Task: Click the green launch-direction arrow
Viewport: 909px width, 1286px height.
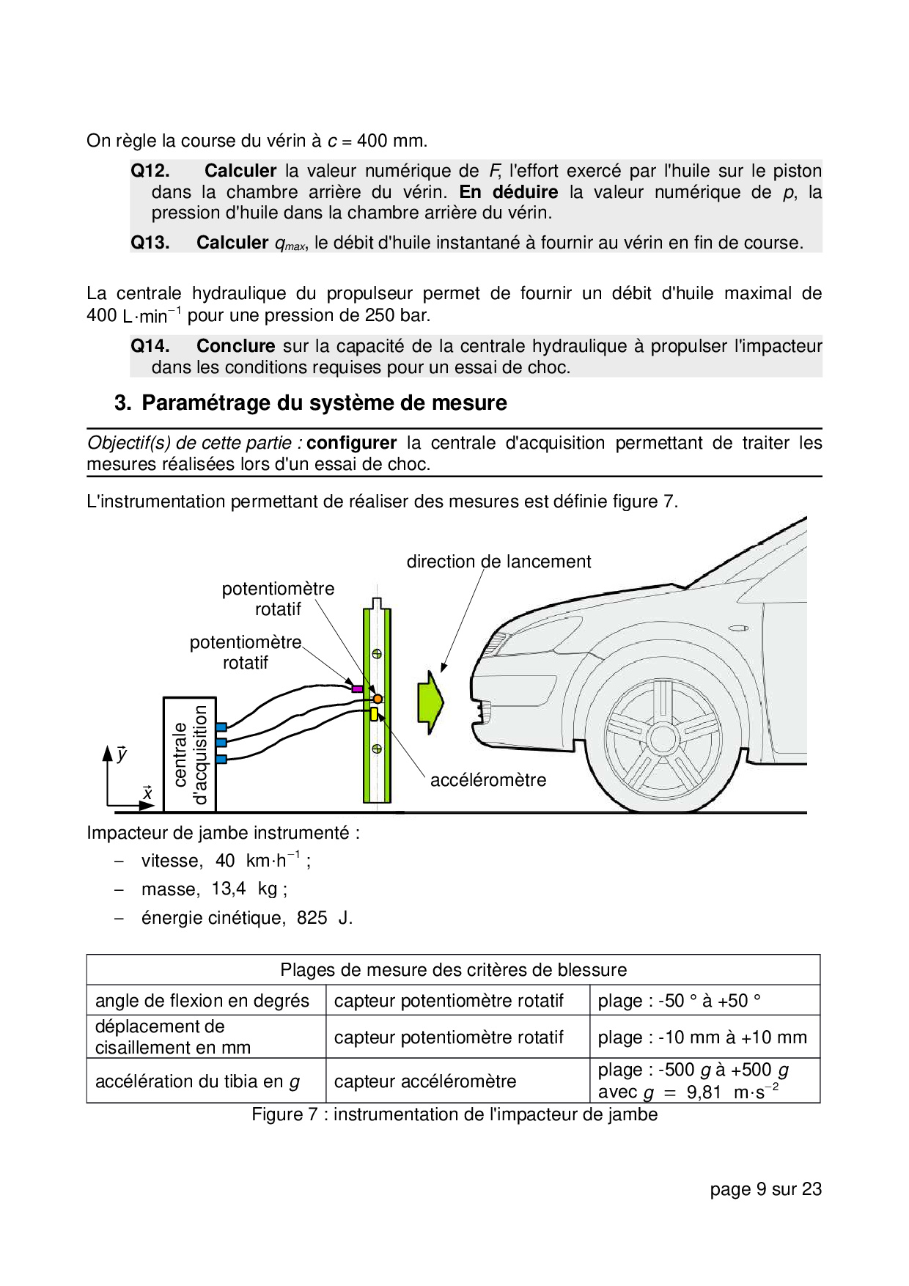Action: [x=430, y=702]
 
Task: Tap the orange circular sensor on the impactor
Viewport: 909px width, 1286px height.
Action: [x=378, y=699]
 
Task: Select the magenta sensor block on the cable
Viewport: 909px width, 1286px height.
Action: [x=357, y=689]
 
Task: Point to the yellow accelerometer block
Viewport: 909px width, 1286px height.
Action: [x=373, y=714]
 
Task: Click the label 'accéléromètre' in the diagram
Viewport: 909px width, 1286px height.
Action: [x=488, y=780]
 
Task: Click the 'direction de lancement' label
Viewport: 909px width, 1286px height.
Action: [x=498, y=562]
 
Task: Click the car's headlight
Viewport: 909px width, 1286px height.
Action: [x=497, y=643]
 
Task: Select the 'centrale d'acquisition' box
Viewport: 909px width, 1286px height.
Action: [x=189, y=754]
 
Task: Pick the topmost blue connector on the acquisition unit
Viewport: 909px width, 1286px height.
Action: [x=221, y=727]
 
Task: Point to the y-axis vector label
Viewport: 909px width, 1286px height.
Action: [x=122, y=754]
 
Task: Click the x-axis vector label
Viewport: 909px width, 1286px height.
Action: [x=147, y=793]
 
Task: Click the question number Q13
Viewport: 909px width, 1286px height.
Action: [x=150, y=243]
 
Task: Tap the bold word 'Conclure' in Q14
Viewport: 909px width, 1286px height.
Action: [x=235, y=346]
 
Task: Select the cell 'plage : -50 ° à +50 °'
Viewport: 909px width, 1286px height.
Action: [x=680, y=1001]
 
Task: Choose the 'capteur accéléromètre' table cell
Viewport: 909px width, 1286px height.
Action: [x=425, y=1081]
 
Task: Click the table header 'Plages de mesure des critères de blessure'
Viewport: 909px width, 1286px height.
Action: [x=454, y=970]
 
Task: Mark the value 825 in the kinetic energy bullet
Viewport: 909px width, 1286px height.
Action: [x=312, y=918]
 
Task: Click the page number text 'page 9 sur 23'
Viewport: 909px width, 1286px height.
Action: [x=765, y=1189]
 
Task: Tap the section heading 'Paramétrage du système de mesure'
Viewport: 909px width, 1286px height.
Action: [x=324, y=403]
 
